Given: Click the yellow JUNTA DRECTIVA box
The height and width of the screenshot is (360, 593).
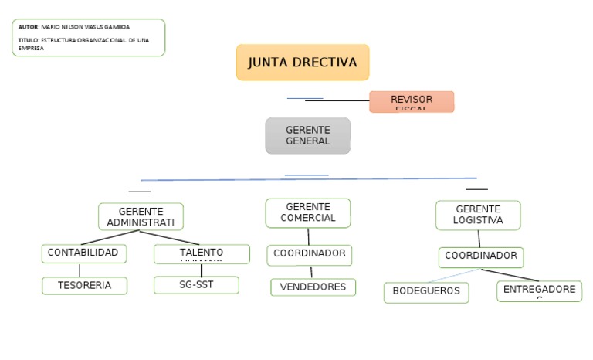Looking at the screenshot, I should (x=303, y=63).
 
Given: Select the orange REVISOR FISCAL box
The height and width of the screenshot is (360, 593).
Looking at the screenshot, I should (x=412, y=101).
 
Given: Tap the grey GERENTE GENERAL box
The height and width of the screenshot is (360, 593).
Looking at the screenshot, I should (x=307, y=136).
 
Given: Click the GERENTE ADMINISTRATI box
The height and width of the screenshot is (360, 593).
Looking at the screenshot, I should (x=141, y=217).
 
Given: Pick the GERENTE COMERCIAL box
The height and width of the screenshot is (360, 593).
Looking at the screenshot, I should (x=307, y=212).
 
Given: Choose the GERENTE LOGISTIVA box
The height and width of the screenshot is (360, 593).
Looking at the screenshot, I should (x=478, y=215).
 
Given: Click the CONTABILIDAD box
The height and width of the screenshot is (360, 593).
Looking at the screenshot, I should (x=83, y=253).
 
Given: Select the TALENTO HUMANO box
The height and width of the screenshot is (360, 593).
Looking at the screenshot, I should (x=202, y=253).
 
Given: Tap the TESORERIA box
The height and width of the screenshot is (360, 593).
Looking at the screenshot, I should (x=84, y=285).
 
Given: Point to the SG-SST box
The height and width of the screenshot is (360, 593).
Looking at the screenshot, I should (x=196, y=284).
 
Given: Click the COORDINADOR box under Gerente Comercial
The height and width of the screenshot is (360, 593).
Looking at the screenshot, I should (x=310, y=254).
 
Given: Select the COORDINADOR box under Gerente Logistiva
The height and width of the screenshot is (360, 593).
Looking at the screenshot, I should (x=481, y=256).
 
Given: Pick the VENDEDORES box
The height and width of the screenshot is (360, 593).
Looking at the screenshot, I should (x=313, y=287).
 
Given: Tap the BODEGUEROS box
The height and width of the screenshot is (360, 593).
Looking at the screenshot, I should (x=425, y=292).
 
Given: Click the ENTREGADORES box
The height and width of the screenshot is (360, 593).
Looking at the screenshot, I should (x=539, y=290).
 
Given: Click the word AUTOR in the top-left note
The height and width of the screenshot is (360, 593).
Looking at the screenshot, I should (x=28, y=27).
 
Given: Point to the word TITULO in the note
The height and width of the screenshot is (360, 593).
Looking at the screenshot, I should (x=28, y=39).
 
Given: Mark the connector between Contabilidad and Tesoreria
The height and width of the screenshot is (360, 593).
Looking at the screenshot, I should (x=80, y=270).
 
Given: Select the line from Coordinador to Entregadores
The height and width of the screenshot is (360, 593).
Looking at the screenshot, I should (x=510, y=276).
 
